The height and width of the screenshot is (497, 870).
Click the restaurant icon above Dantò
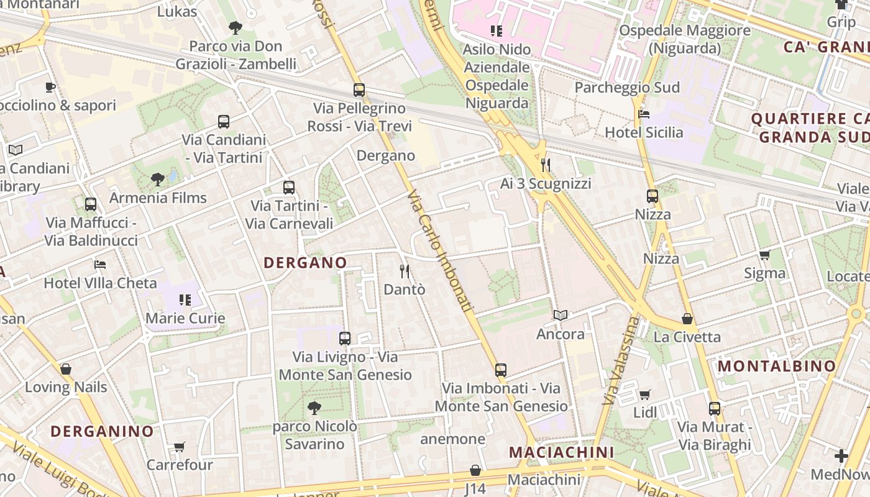tap(405, 271)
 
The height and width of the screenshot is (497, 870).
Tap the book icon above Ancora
tap(561, 316)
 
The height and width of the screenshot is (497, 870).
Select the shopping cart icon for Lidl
tap(645, 394)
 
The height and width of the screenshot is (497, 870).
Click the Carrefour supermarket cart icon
tap(180, 447)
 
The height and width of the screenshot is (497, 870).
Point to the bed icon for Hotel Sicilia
tap(644, 114)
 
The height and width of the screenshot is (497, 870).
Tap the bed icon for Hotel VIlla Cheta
tap(100, 265)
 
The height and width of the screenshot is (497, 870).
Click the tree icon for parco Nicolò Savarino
tap(314, 408)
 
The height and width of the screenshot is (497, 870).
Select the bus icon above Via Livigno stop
tap(345, 339)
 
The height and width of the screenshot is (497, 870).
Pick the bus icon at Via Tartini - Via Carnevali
tap(289, 187)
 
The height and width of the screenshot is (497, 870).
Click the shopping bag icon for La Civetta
tap(687, 319)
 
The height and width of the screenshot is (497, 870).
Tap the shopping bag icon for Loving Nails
tap(66, 369)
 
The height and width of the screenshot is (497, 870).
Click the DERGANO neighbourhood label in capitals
tap(305, 263)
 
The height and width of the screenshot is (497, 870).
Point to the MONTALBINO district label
tap(777, 367)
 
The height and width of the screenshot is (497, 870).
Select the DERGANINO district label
tap(102, 431)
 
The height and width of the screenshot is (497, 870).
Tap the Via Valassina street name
tap(619, 360)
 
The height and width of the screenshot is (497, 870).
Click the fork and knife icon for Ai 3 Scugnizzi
tap(546, 165)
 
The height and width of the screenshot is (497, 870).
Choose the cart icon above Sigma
tap(764, 255)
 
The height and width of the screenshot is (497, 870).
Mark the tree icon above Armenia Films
tap(158, 180)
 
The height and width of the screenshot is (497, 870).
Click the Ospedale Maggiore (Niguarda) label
tap(685, 39)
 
